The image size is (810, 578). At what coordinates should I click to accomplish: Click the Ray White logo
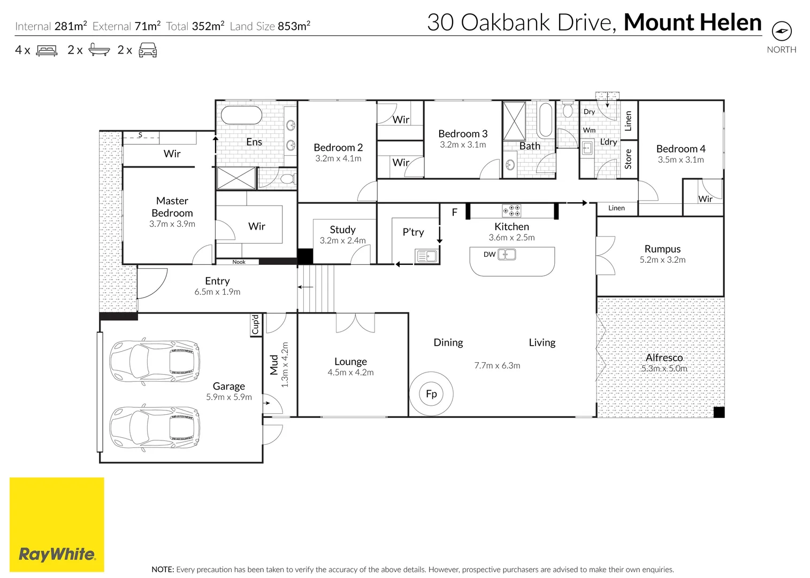[x=57, y=524]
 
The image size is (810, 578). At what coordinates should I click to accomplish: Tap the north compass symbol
[x=782, y=31]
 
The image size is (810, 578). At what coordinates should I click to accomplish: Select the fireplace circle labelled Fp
[x=431, y=393]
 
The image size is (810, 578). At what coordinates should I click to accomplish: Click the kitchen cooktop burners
[x=511, y=210]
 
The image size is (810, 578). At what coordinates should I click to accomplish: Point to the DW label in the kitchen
[x=489, y=254]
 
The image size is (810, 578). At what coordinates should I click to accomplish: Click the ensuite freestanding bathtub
[x=241, y=115]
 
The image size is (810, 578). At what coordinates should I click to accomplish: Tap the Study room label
[x=342, y=230]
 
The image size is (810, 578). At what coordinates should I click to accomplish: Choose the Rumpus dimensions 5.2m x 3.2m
[x=662, y=260]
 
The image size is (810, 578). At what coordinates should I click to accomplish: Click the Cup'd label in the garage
[x=256, y=324]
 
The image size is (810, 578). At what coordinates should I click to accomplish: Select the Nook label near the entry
[x=239, y=262]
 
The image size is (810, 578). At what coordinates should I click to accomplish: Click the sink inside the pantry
[x=427, y=256]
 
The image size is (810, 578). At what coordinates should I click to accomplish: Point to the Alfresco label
[x=664, y=358]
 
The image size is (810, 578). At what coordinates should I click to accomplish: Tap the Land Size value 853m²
[x=294, y=26]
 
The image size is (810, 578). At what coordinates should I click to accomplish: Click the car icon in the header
[x=148, y=50]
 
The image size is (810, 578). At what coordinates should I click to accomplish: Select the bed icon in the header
[x=47, y=51]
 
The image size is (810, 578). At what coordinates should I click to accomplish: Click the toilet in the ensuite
[x=288, y=179]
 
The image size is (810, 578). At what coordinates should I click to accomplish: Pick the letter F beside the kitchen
[x=455, y=212]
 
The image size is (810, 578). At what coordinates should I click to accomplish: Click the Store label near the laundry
[x=628, y=159]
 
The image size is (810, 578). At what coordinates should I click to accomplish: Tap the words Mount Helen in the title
[x=692, y=22]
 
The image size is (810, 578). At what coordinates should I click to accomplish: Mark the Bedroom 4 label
[x=681, y=149]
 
